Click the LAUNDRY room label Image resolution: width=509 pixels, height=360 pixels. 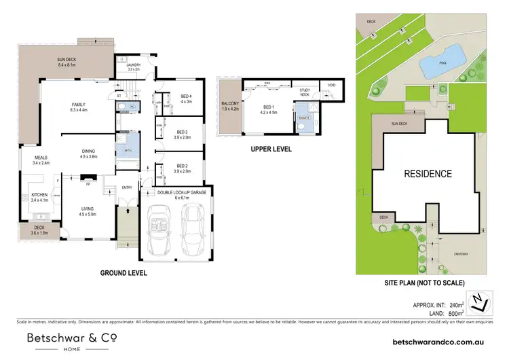click(x=133, y=67)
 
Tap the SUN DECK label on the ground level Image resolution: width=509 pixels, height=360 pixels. click(x=69, y=62)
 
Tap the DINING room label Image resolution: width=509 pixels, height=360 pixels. click(x=89, y=154)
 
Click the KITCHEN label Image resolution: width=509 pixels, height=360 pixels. click(x=40, y=198)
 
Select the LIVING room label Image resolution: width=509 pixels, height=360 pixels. click(x=89, y=211)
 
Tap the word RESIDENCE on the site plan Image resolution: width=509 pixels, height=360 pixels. click(x=428, y=174)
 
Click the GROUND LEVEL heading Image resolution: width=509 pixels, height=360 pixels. click(x=124, y=273)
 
